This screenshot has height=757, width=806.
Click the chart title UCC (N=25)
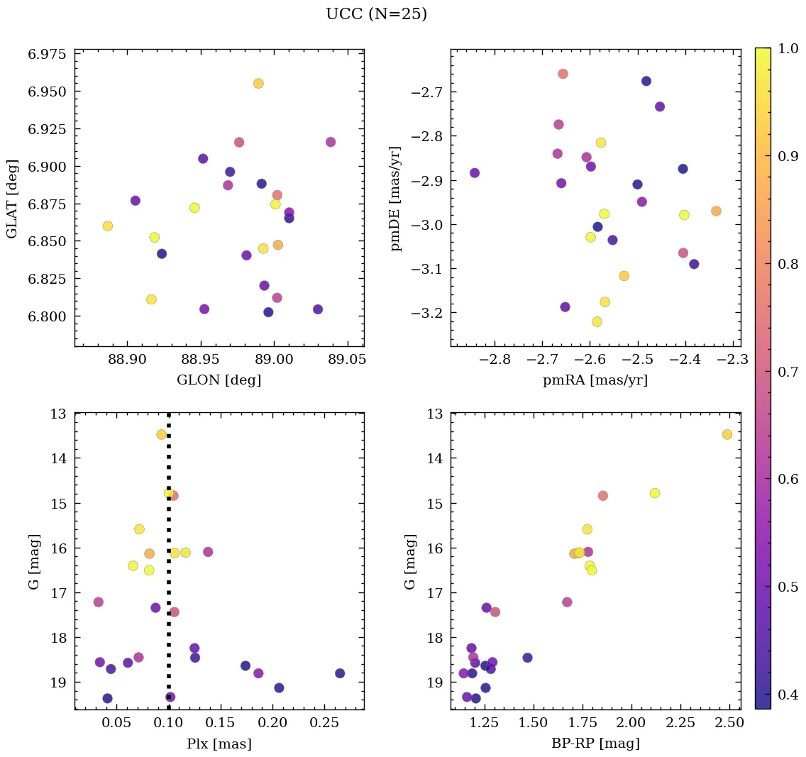coord(376,14)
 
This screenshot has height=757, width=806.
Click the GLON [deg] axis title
coord(219,380)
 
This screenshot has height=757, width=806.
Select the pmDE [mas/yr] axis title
coord(396,198)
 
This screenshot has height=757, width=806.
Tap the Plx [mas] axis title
coord(219,744)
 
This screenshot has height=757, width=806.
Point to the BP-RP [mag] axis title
coord(595,744)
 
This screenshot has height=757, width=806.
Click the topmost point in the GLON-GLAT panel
coord(258,83)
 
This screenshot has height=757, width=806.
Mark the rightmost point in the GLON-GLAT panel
coord(330,142)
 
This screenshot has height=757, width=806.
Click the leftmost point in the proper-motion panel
coord(474,173)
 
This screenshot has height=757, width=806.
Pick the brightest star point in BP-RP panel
coord(727,434)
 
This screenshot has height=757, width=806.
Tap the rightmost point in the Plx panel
coord(340,673)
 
